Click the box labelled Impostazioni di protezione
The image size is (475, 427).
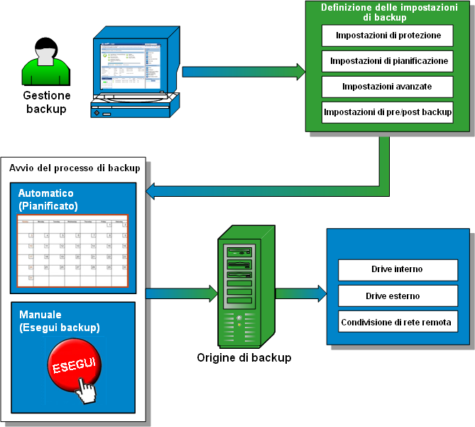388,35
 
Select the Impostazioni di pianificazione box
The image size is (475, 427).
388,60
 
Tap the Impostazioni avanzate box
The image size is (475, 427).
388,86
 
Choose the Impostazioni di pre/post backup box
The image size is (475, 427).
388,112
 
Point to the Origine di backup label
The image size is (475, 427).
244,357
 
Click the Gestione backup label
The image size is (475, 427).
46,102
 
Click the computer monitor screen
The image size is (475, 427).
131,64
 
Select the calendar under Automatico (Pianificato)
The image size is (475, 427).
72,251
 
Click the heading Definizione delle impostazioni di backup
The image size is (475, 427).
388,12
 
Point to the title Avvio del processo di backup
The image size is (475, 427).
75,168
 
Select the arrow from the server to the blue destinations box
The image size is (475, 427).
300,292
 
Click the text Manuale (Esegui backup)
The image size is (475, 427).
59,321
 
